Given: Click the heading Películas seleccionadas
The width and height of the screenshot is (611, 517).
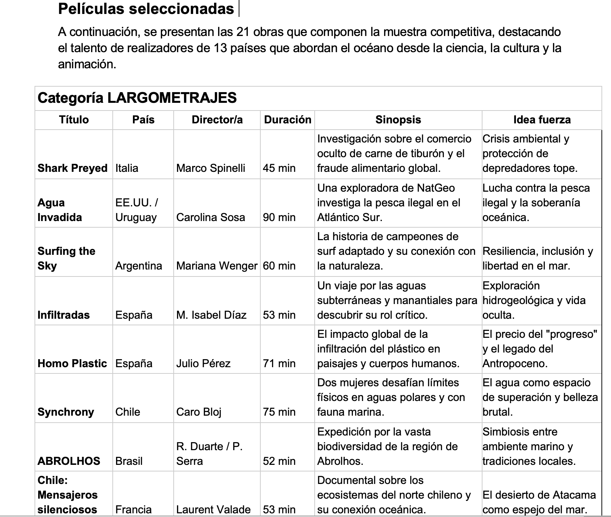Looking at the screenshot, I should [x=146, y=9].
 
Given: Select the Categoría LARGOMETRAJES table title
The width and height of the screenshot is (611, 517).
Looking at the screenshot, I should [x=137, y=98].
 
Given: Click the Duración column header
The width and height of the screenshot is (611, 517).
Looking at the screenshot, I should [x=288, y=120].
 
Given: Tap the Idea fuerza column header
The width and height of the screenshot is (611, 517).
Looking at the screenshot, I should [x=542, y=120].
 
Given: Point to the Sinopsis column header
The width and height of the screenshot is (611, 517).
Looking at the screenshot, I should [x=398, y=120].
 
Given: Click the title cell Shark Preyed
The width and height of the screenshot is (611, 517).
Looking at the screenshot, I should [x=72, y=168].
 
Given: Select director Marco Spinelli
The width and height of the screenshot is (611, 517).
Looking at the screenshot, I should [x=210, y=168].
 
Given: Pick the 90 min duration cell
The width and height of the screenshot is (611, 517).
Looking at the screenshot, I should [x=279, y=217].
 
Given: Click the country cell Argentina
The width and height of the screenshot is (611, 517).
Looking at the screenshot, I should [x=138, y=266].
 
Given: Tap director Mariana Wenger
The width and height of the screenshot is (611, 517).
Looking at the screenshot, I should [x=217, y=266].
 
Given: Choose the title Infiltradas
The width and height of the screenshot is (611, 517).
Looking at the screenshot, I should [x=64, y=315].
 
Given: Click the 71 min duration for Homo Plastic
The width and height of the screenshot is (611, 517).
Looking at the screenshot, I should [x=279, y=364].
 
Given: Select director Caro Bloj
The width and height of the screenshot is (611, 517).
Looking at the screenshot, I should [x=199, y=412].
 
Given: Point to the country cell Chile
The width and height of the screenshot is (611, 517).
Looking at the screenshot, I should [x=127, y=412].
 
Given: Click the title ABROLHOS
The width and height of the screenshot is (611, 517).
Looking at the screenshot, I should [x=69, y=461].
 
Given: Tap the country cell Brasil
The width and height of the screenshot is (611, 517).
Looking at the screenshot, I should [x=129, y=461].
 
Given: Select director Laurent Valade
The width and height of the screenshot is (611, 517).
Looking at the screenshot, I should [x=213, y=510].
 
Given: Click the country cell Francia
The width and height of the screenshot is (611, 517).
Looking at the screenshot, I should [x=133, y=510].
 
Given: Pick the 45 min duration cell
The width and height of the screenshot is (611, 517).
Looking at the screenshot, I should [x=279, y=168].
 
